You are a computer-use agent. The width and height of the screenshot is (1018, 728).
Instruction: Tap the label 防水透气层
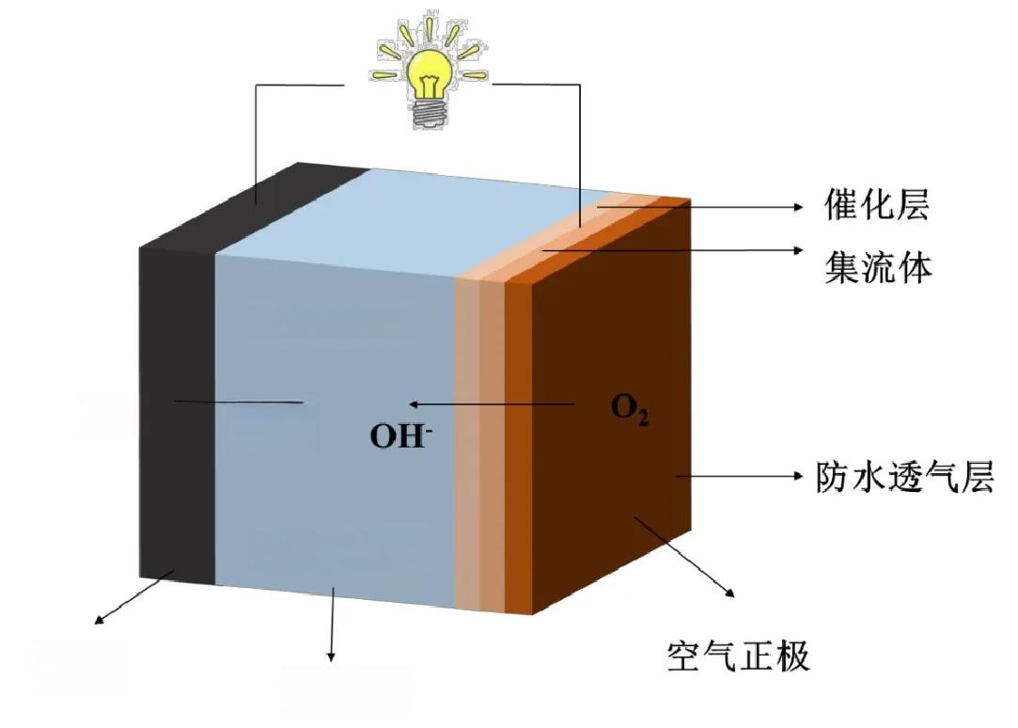click(902, 477)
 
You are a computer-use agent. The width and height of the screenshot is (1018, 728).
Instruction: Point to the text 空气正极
click(738, 655)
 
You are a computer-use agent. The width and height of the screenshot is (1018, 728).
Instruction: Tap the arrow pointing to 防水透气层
click(738, 477)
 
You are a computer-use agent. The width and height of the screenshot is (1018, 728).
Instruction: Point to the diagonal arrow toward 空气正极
click(683, 555)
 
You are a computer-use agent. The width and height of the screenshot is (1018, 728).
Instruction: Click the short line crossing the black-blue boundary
click(240, 403)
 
